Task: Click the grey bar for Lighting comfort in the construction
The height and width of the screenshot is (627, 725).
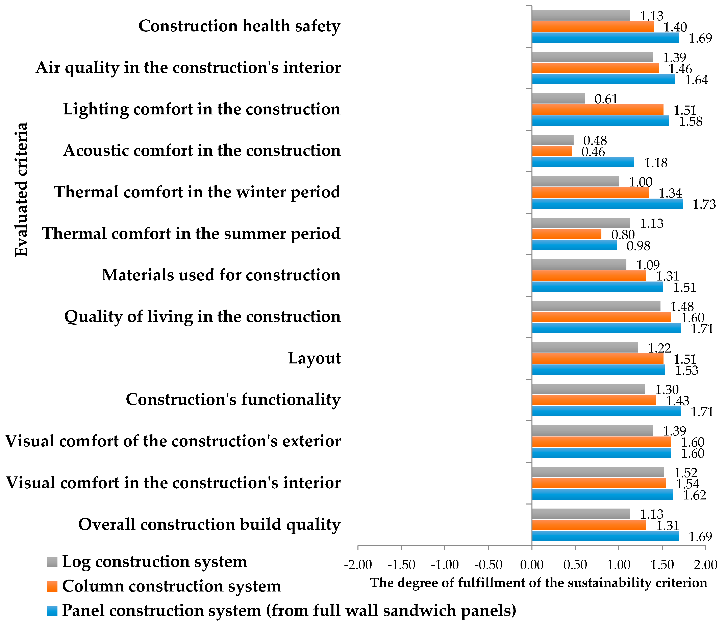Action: pyautogui.click(x=558, y=99)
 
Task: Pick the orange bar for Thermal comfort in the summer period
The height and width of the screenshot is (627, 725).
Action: pyautogui.click(x=567, y=234)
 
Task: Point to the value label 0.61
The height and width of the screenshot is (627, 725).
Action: pyautogui.click(x=606, y=99)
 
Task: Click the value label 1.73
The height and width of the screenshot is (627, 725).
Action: pyautogui.click(x=704, y=204)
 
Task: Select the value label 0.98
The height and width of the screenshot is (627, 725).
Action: pyautogui.click(x=638, y=246)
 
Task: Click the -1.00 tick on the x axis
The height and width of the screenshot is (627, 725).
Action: pyautogui.click(x=445, y=565)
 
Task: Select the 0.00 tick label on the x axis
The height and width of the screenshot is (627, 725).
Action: pyautogui.click(x=532, y=565)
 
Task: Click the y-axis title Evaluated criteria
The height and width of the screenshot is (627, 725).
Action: pyautogui.click(x=21, y=189)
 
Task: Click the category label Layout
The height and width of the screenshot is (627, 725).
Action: pyautogui.click(x=314, y=358)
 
